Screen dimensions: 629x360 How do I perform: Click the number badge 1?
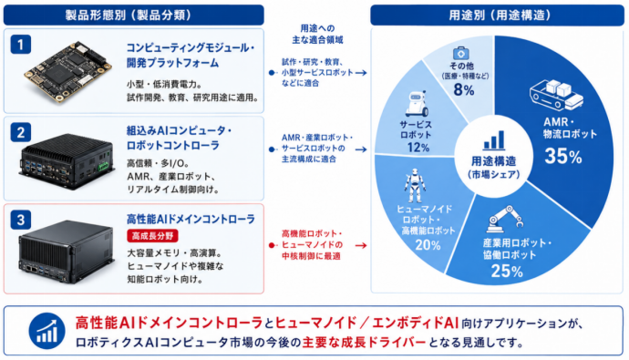[20, 45]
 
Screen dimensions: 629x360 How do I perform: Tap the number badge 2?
[20, 132]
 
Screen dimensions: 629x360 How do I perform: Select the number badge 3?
[20, 220]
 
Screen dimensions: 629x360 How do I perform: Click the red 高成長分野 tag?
[152, 236]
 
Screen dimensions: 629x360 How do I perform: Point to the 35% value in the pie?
[563, 157]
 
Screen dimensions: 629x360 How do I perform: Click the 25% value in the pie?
[507, 272]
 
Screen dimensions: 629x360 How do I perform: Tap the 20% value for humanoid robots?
[428, 244]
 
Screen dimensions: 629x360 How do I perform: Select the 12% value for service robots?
[418, 148]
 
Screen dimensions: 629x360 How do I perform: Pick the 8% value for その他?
[464, 90]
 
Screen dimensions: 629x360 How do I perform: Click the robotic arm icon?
[505, 219]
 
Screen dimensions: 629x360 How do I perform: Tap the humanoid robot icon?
[415, 186]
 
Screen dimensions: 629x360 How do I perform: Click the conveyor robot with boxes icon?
[556, 95]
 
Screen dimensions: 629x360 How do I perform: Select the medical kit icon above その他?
[461, 53]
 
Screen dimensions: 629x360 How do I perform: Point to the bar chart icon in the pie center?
[494, 140]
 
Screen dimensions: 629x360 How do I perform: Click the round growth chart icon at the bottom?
[46, 331]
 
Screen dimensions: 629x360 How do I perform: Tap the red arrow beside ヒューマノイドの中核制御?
[361, 245]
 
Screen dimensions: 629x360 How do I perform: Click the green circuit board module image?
[67, 71]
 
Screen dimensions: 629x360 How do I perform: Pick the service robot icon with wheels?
[416, 104]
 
